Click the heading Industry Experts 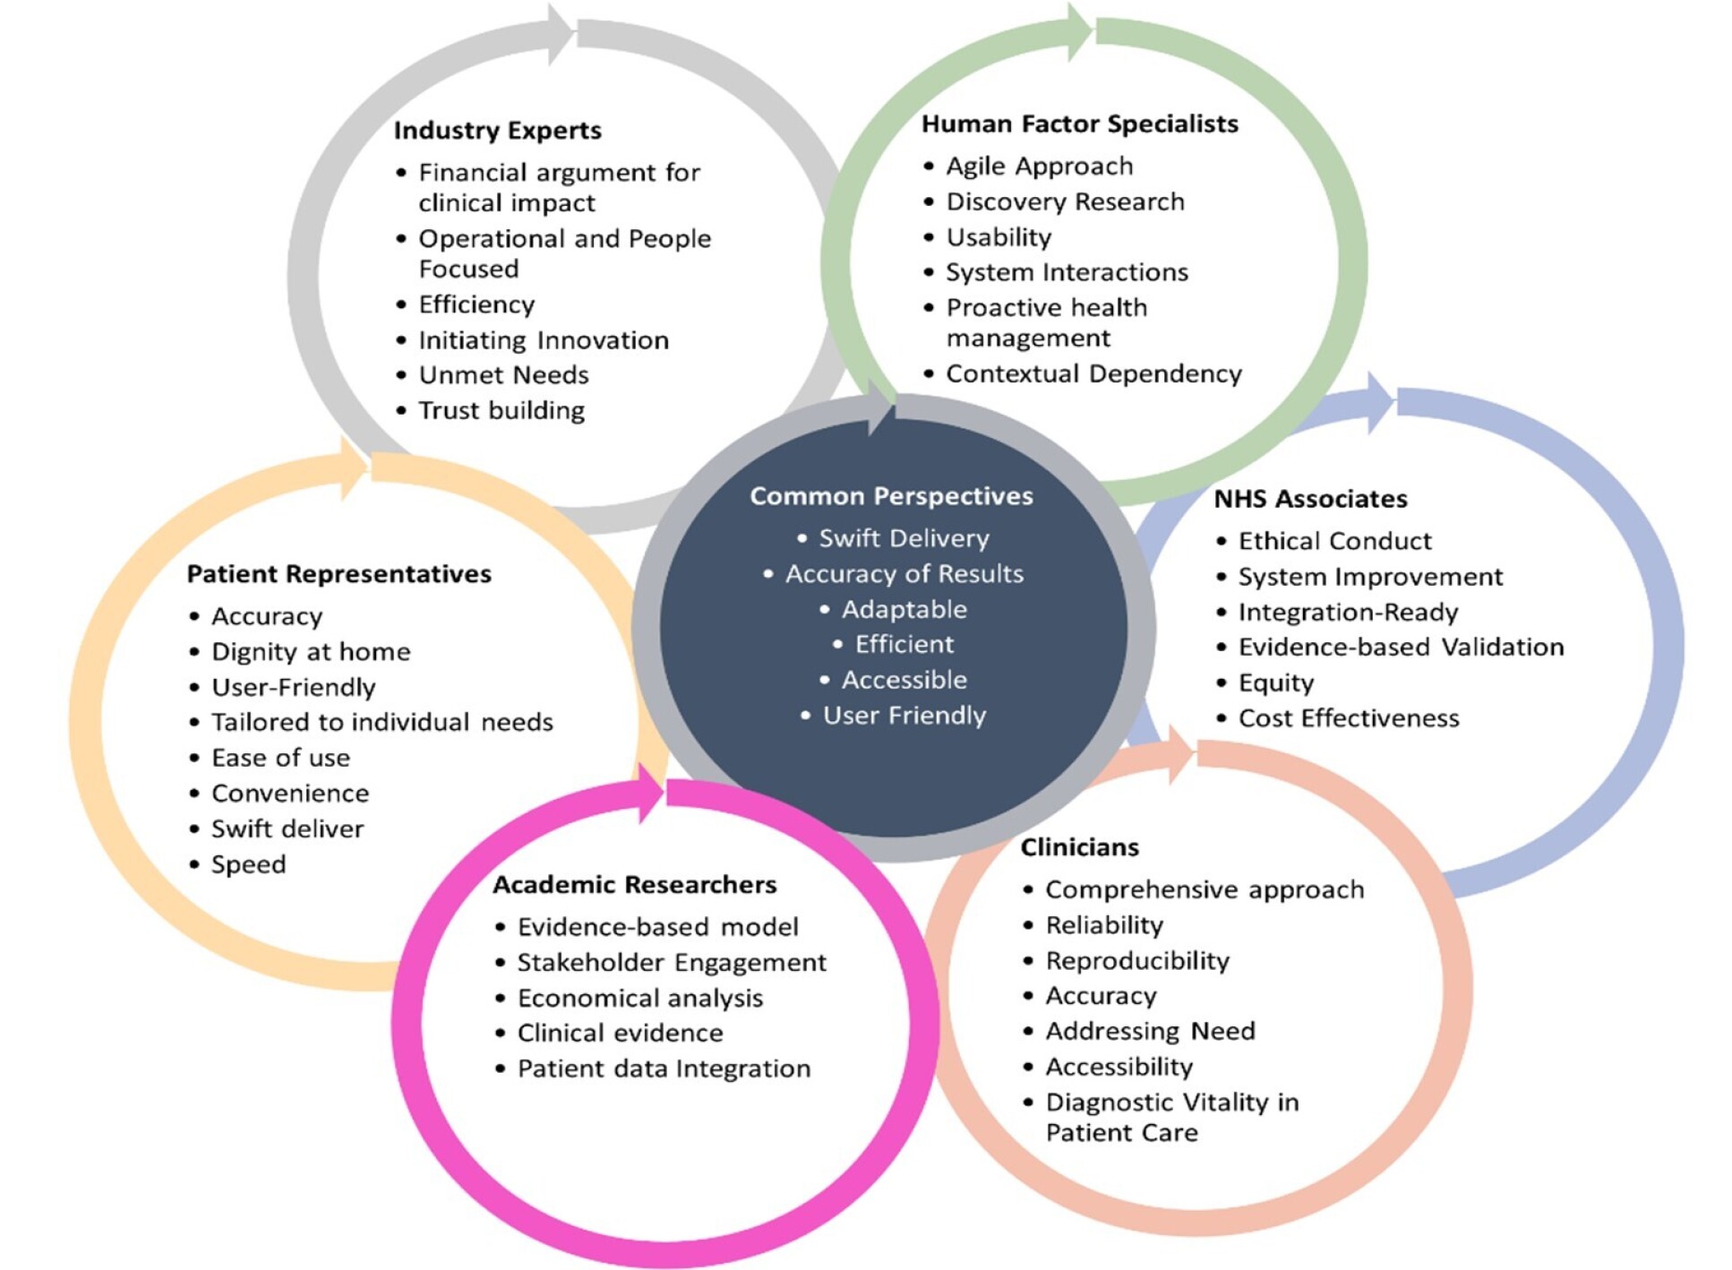coord(497,131)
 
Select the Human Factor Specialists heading coord(1079,124)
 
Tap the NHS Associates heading coord(1309,499)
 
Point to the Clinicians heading coord(1079,847)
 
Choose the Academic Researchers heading coord(634,885)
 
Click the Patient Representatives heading coord(339,574)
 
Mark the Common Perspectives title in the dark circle coord(891,496)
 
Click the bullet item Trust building coord(501,411)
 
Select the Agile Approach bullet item coord(1039,167)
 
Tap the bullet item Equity coord(1275,683)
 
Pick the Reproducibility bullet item coord(1136,961)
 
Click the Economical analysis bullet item coord(639,999)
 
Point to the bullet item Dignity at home coord(310,652)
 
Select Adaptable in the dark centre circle coord(904,610)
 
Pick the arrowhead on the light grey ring coord(561,34)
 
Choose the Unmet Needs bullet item coord(503,375)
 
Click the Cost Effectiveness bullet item coord(1348,718)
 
